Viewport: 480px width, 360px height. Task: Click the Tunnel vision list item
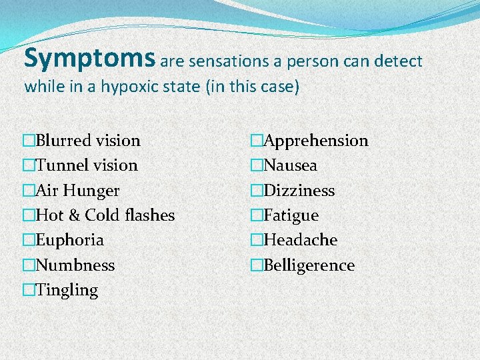[x=87, y=165]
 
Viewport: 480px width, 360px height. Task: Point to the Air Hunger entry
[x=77, y=191]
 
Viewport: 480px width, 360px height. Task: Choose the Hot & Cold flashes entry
[x=105, y=215]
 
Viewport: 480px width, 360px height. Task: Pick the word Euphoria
[x=69, y=240]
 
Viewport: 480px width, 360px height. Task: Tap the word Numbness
[x=75, y=265]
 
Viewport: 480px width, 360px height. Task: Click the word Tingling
[x=67, y=291]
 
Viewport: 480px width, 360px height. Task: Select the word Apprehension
[x=315, y=141]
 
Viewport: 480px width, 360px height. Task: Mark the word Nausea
[x=290, y=165]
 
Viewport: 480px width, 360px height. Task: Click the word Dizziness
[x=299, y=191]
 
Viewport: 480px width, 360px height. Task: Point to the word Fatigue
[x=291, y=215]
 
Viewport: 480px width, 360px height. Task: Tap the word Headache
[x=300, y=240]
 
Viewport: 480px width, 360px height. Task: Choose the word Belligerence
[x=309, y=265]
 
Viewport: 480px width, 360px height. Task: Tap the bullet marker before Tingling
[x=28, y=291]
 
